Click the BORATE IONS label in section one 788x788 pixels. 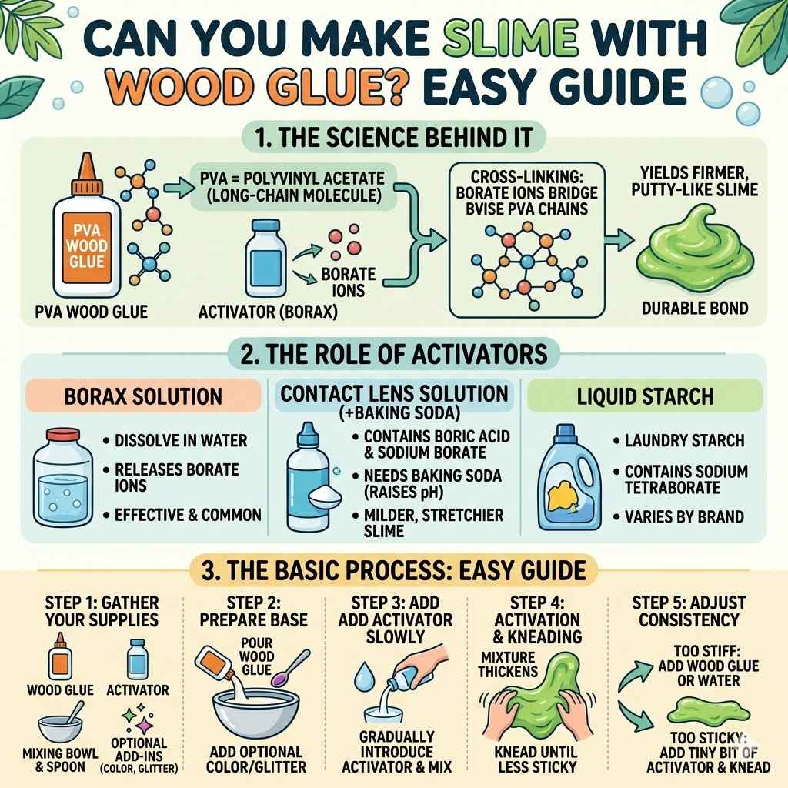point(349,282)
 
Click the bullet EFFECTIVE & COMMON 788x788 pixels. point(188,515)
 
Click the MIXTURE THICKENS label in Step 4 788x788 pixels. point(509,666)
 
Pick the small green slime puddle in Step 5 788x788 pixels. point(693,710)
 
